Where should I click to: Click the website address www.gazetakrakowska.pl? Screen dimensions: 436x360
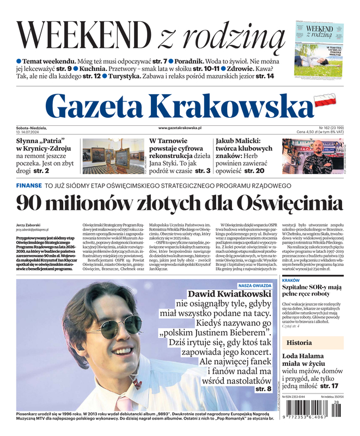(x=180, y=128)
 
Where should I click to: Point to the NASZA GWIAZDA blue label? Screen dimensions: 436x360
(x=255, y=285)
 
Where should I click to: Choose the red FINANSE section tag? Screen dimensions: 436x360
(x=28, y=185)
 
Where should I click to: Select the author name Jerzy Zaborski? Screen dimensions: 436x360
(x=28, y=225)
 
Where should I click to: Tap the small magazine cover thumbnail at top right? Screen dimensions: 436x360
(x=319, y=50)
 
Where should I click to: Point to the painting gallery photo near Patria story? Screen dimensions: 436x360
(x=112, y=156)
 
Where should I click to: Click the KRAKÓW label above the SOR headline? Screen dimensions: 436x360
(x=291, y=280)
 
